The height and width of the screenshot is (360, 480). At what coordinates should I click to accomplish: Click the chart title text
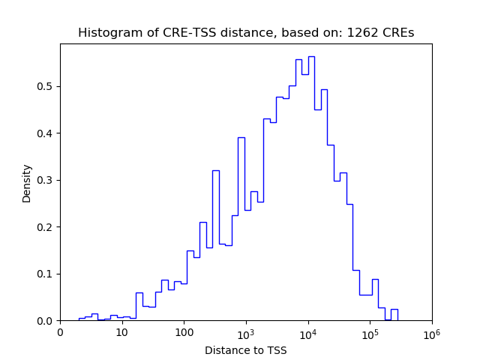[x=246, y=33]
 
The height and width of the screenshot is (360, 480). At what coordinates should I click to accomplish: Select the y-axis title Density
[x=27, y=182]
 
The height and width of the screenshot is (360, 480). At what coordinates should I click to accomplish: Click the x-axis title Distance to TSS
[x=246, y=350]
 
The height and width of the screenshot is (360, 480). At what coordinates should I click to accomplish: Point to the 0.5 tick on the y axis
[x=46, y=86]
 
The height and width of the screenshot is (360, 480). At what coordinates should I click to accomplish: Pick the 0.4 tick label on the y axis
[x=46, y=133]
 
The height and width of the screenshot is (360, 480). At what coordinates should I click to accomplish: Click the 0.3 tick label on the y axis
[x=46, y=180]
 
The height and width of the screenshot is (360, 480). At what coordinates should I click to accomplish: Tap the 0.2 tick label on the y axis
[x=46, y=227]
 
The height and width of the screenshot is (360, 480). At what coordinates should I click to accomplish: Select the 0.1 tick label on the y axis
[x=46, y=274]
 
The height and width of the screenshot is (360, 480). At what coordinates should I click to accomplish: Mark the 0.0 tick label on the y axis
[x=46, y=321]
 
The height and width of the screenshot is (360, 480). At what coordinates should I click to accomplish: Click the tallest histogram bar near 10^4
[x=311, y=187]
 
